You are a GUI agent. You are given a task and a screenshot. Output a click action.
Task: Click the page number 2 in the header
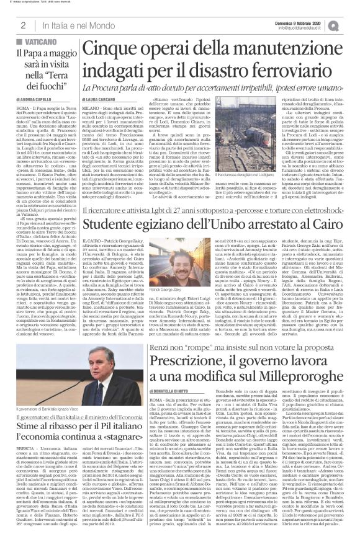point(22,25)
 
